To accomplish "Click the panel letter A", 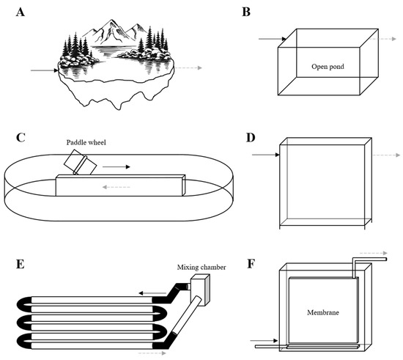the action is coord(21,12).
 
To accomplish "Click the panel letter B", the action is coord(246,12).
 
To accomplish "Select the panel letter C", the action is coord(21,138).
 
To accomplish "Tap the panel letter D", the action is coord(251,138).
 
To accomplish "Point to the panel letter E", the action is coord(21,264).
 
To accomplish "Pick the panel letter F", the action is coord(251,264).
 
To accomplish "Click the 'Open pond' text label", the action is coord(328,67).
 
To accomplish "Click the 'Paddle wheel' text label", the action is coord(86,142).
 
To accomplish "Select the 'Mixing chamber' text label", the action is coord(202,268).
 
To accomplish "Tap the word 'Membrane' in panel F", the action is coord(323,312).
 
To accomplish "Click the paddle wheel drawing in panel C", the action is coord(80,162).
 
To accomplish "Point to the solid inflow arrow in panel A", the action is coord(45,70).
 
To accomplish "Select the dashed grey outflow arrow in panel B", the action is coord(382,39).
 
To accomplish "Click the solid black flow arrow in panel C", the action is coord(117,167).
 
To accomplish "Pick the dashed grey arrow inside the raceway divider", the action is coord(117,187).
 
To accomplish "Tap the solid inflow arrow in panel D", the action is coord(266,155).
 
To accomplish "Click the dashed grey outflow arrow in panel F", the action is coord(373,253).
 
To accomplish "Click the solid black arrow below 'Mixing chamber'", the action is coord(152,293).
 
